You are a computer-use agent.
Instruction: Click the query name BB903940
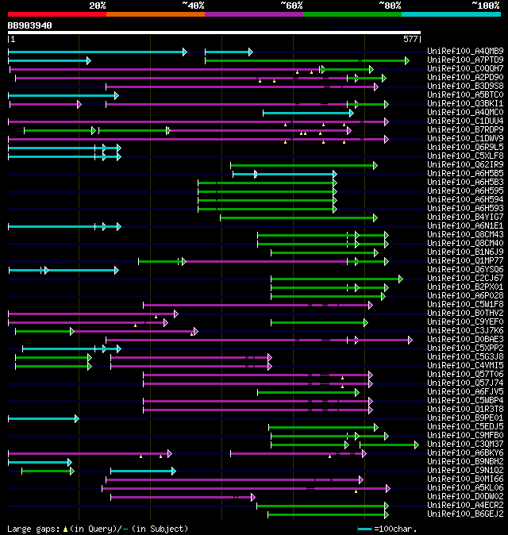click(x=30, y=25)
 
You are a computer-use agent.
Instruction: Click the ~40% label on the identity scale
click(x=193, y=5)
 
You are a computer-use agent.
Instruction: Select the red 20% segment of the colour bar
click(x=56, y=13)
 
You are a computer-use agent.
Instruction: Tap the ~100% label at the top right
click(x=486, y=5)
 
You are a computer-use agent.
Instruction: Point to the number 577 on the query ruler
click(x=410, y=39)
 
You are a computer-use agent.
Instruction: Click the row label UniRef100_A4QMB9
click(x=464, y=52)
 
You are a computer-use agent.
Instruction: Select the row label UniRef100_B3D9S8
click(x=464, y=87)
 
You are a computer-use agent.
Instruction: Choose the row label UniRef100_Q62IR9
click(x=464, y=165)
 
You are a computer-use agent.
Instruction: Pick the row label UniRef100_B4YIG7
click(x=464, y=217)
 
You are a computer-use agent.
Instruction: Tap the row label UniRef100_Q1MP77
click(x=464, y=260)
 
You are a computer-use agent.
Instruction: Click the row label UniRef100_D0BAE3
click(x=464, y=339)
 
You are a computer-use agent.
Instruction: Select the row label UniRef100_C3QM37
click(x=464, y=444)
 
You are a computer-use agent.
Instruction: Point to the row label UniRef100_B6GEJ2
click(x=464, y=514)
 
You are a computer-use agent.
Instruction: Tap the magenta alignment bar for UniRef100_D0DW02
click(x=182, y=497)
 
